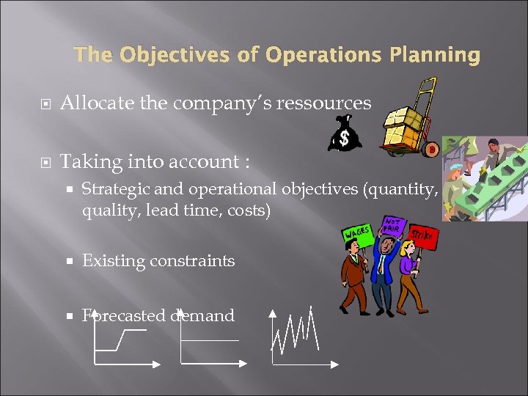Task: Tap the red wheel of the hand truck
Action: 430,150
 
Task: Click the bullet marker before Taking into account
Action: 45,161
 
